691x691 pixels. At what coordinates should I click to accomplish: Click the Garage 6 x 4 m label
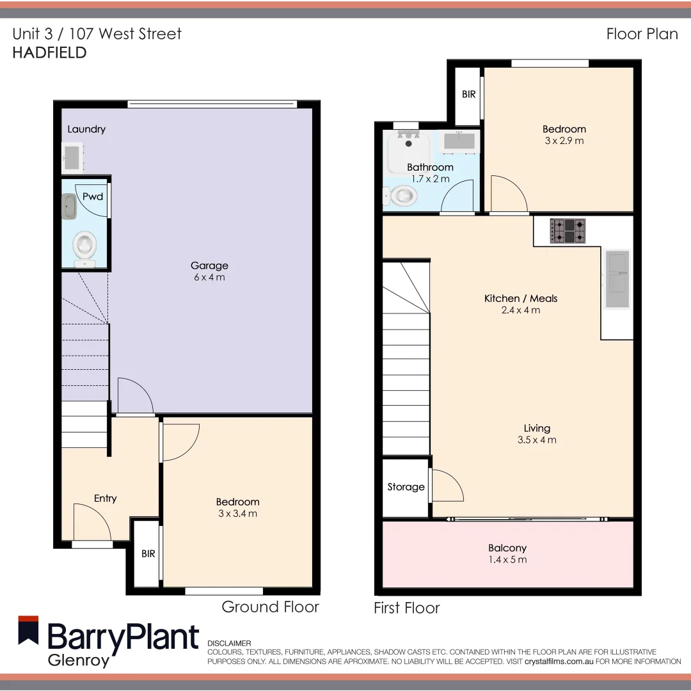pyautogui.click(x=209, y=271)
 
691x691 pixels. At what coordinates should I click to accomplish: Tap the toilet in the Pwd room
pyautogui.click(x=84, y=247)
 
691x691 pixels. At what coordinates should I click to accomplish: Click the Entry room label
pyautogui.click(x=106, y=498)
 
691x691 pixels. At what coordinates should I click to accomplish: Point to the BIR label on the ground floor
pyautogui.click(x=148, y=554)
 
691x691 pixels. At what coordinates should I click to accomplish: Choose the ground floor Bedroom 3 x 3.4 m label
pyautogui.click(x=237, y=507)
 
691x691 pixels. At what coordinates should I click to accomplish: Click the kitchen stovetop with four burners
pyautogui.click(x=568, y=231)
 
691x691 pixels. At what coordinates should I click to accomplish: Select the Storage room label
pyautogui.click(x=406, y=487)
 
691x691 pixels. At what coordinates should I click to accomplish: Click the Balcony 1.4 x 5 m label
pyautogui.click(x=507, y=553)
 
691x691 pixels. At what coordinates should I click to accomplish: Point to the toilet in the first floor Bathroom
pyautogui.click(x=401, y=195)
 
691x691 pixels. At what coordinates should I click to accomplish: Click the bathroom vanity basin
pyautogui.click(x=459, y=142)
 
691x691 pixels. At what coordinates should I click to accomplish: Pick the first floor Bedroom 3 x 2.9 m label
pyautogui.click(x=564, y=134)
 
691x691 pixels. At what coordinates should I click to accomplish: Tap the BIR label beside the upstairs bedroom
pyautogui.click(x=468, y=94)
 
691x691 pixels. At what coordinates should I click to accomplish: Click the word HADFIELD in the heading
pyautogui.click(x=49, y=52)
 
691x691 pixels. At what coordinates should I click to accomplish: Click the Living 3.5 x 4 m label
pyautogui.click(x=537, y=434)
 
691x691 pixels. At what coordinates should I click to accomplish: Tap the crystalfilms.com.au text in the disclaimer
pyautogui.click(x=559, y=661)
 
